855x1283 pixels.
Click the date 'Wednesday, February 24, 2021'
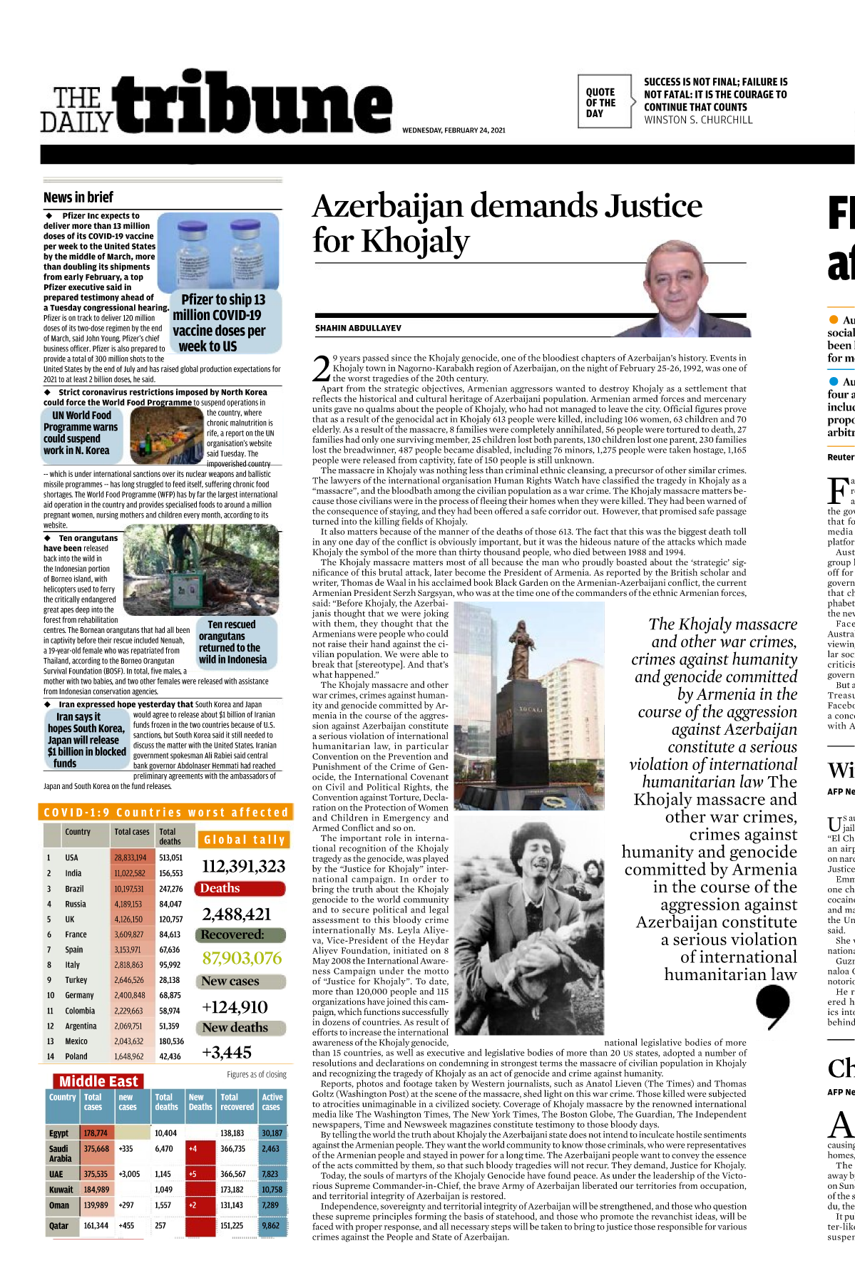pos(454,130)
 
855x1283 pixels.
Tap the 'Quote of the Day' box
pos(604,102)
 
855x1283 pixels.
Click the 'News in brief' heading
pos(78,197)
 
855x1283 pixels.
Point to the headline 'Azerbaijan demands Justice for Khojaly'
pos(506,222)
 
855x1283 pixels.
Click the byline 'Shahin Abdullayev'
pos(358,329)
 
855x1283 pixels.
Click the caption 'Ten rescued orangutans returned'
pos(232,641)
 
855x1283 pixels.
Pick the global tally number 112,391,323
pos(243,866)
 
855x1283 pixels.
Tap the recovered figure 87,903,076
pos(242,959)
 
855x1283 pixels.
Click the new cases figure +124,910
pos(235,1007)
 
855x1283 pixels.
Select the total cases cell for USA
pos(130,858)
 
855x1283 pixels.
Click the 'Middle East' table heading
pos(98,1081)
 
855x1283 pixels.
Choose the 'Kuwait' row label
pos(61,1190)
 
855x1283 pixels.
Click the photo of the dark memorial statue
pos(529,704)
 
